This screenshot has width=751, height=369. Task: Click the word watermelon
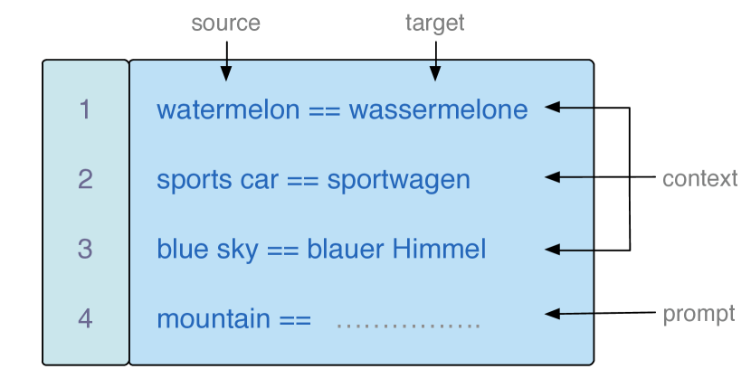tap(227, 110)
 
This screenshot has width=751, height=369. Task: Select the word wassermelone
tap(438, 110)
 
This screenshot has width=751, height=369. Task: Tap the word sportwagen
tap(398, 180)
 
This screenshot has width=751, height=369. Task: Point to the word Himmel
tap(439, 249)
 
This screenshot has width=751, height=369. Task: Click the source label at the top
tap(225, 24)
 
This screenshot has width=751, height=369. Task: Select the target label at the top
tap(434, 24)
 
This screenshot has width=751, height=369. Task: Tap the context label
tap(699, 178)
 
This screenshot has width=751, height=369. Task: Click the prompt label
tap(699, 314)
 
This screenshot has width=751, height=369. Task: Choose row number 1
tap(85, 110)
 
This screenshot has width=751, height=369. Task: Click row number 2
tap(85, 179)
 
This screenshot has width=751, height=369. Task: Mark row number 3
tap(85, 249)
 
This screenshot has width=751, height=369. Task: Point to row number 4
tap(85, 318)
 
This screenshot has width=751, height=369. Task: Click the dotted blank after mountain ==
tap(408, 322)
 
